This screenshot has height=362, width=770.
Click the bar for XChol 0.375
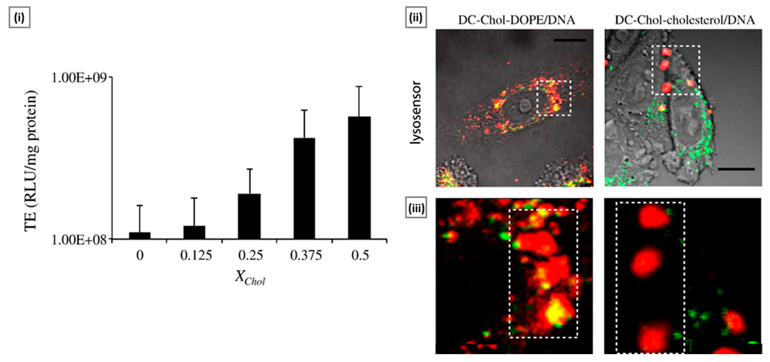[304, 188]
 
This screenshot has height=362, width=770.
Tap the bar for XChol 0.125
[194, 232]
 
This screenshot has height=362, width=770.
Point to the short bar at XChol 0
[140, 236]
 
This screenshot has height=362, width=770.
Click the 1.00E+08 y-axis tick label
[79, 240]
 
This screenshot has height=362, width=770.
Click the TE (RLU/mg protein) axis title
[31, 161]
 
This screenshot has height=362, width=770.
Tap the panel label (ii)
[416, 18]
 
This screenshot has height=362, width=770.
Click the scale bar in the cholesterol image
[736, 169]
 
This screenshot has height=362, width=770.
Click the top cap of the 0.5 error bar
[359, 87]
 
